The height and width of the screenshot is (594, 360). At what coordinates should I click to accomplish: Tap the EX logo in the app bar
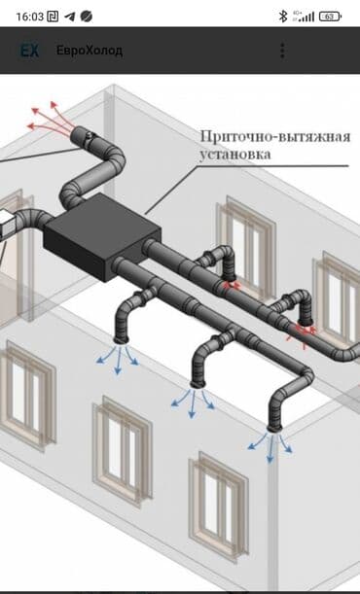30,51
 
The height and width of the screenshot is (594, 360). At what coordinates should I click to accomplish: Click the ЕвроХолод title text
90,51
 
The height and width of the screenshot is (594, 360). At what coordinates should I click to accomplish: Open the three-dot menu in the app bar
282,51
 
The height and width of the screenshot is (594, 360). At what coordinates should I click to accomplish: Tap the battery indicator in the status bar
331,16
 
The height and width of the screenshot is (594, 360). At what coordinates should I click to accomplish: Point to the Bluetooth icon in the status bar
283,16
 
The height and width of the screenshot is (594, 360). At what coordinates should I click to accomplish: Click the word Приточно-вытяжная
274,135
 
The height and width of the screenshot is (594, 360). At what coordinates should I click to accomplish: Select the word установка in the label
237,154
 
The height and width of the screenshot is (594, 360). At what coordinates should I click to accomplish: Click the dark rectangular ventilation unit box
101,234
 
